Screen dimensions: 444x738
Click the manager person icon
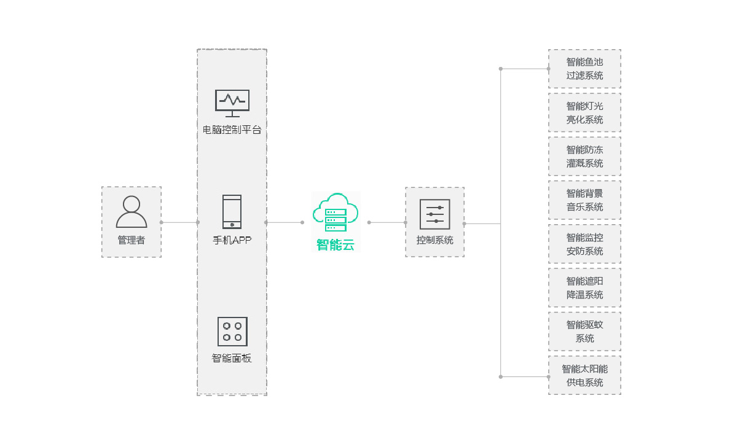click(x=132, y=212)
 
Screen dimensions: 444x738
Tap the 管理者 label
click(x=132, y=240)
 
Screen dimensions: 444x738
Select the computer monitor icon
click(x=232, y=103)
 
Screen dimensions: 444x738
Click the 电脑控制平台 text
click(x=232, y=130)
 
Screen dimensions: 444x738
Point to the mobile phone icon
click(x=232, y=212)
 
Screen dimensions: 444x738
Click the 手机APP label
click(x=232, y=240)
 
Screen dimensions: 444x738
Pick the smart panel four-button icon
click(x=232, y=332)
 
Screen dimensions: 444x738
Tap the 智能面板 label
click(x=232, y=359)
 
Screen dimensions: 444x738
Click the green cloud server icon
click(x=335, y=212)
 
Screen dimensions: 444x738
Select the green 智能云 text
click(x=336, y=245)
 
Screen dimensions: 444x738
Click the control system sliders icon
click(x=435, y=214)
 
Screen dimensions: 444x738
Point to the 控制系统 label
click(x=435, y=240)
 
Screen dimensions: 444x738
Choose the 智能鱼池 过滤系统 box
click(x=584, y=69)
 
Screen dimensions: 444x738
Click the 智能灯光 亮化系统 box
click(x=584, y=112)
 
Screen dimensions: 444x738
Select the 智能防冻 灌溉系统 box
click(x=584, y=157)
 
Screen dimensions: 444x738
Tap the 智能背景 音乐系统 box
click(x=584, y=200)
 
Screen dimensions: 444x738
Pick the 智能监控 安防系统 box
click(x=584, y=244)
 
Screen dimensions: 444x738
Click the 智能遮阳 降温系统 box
click(x=584, y=288)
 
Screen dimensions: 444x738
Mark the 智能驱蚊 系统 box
click(x=584, y=332)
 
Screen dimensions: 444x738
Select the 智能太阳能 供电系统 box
click(x=584, y=375)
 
